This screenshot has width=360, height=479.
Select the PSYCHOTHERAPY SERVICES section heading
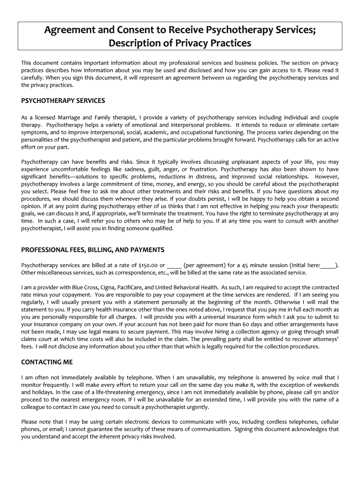click(63, 101)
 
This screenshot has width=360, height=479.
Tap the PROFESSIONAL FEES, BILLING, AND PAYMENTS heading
click(93, 250)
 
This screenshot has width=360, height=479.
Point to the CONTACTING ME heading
click(47, 362)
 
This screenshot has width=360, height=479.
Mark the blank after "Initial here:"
click(328, 266)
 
